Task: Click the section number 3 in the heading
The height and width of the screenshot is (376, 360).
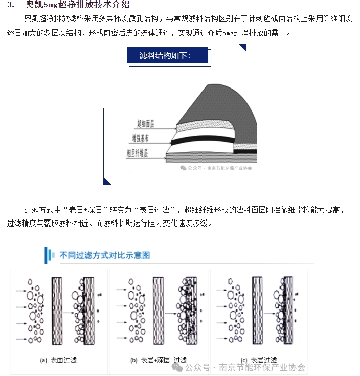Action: tap(10, 5)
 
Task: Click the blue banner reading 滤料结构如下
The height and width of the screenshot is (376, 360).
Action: tap(167, 55)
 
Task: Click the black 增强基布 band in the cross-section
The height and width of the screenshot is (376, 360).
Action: tap(205, 138)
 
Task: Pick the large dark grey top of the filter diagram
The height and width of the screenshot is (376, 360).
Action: tap(225, 102)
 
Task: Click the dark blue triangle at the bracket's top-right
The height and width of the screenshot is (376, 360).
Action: tap(243, 48)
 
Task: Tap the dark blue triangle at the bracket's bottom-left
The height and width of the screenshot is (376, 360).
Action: tap(106, 181)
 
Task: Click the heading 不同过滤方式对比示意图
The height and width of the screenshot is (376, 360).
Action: tap(105, 255)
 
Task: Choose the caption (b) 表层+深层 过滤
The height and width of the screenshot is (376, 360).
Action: tap(159, 360)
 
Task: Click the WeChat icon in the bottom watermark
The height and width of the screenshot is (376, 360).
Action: tap(177, 367)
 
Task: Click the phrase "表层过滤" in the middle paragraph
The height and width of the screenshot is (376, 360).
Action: tap(155, 210)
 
